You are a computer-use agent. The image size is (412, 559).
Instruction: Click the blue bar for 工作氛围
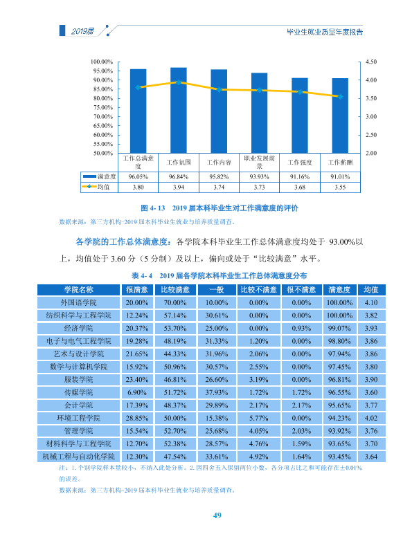click(x=179, y=110)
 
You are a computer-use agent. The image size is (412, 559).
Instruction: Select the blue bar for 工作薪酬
click(x=340, y=116)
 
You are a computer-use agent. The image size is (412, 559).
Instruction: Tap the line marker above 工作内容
click(x=219, y=90)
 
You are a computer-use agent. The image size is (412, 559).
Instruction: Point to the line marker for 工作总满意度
click(x=138, y=87)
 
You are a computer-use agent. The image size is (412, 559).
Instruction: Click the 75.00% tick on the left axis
click(x=103, y=107)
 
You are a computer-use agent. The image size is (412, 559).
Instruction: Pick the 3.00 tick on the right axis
click(x=371, y=117)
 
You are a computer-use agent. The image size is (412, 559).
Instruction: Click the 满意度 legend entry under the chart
click(x=99, y=176)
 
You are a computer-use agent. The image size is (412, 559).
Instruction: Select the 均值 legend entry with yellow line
click(x=96, y=187)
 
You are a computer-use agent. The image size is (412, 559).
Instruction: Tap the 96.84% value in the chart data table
click(x=179, y=177)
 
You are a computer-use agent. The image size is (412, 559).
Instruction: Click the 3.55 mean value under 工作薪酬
click(x=340, y=187)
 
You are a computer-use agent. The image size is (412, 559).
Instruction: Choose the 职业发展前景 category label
click(x=260, y=162)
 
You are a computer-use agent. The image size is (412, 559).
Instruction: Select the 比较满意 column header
click(x=175, y=289)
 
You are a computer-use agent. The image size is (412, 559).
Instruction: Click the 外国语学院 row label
click(x=78, y=302)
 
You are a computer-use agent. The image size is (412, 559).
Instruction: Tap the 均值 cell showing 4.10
click(x=371, y=302)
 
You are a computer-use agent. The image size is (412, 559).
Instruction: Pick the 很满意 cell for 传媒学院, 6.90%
click(x=137, y=392)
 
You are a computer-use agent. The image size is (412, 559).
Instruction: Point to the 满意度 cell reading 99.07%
click(x=339, y=329)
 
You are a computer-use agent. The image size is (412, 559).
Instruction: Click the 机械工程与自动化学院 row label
click(x=78, y=457)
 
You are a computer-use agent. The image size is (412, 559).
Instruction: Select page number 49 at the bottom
click(x=217, y=515)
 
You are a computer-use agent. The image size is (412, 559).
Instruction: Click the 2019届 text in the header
click(x=82, y=31)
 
